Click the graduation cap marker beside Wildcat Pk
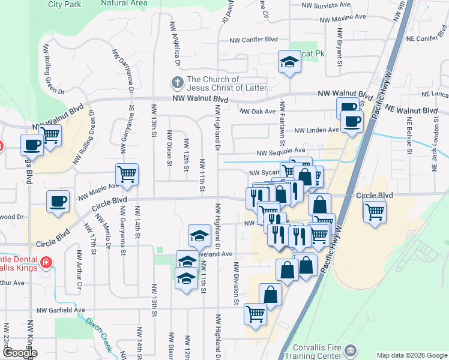289,61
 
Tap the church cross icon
177,82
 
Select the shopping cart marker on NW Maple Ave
127,175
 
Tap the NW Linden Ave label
317,130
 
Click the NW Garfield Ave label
61,310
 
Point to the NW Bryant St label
340,53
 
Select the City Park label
64,4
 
